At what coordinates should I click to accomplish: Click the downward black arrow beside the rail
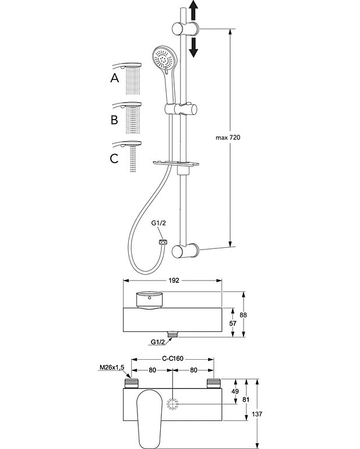pos(193,46)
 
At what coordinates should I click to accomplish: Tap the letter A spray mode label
pos(115,78)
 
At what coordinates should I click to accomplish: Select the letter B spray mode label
pos(115,120)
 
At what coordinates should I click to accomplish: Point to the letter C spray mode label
pos(115,157)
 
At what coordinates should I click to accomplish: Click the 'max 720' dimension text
pos(228,137)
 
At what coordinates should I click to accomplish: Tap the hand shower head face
pos(163,59)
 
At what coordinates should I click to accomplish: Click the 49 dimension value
pos(236,391)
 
